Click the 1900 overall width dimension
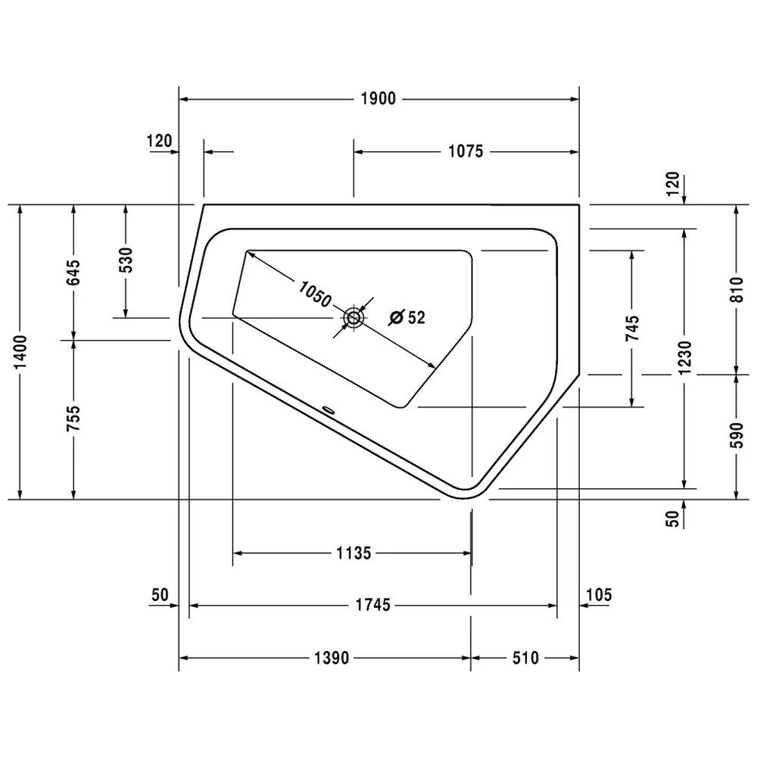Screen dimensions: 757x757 (x=378, y=99)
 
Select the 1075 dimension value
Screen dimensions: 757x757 (x=465, y=151)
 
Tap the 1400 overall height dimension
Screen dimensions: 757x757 (x=21, y=353)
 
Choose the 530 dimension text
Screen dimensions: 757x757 (x=126, y=260)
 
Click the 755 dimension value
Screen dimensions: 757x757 (x=73, y=420)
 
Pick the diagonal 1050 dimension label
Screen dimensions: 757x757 (x=314, y=294)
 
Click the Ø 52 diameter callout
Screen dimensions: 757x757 (x=407, y=318)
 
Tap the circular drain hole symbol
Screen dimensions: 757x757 (x=354, y=319)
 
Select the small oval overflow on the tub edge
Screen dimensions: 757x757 (x=329, y=410)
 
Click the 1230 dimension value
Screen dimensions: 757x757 (x=684, y=356)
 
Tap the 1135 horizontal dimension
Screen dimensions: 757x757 (x=353, y=553)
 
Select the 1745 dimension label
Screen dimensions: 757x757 (x=372, y=605)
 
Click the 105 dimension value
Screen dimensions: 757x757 (x=598, y=594)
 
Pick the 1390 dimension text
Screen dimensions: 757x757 (x=331, y=658)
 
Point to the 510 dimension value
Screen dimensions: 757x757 (x=524, y=658)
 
